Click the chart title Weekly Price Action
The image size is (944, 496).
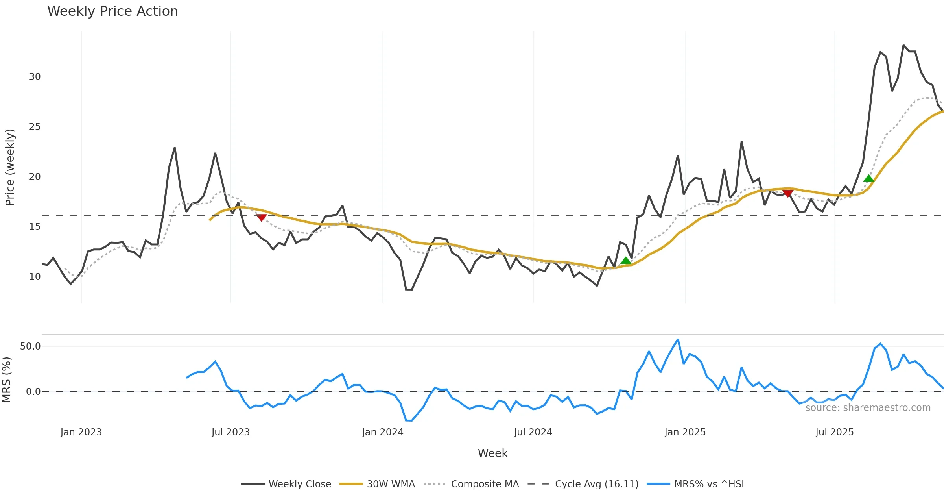pos(112,11)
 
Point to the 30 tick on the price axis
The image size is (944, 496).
pos(35,77)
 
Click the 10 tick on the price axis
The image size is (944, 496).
pos(35,277)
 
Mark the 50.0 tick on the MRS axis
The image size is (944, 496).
pos(30,346)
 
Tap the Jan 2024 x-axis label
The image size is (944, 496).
pos(383,432)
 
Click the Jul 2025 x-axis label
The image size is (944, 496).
pos(834,432)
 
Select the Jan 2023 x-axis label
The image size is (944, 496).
pos(81,432)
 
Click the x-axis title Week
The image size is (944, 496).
pos(492,453)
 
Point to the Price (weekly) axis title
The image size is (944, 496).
pos(10,167)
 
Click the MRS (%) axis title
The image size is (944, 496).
pos(7,380)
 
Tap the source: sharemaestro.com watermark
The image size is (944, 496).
pos(868,408)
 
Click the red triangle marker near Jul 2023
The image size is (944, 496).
pos(261,218)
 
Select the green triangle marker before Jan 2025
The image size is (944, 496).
pos(625,261)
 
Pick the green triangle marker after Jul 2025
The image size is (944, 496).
pos(868,179)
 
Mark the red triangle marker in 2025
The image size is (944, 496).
pos(787,193)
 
